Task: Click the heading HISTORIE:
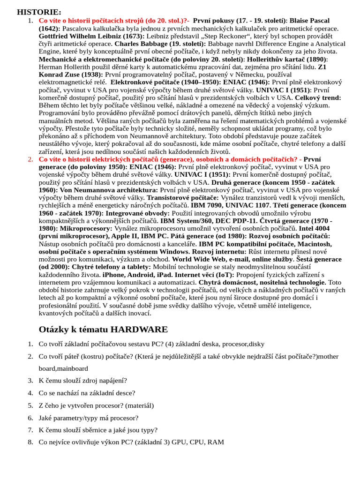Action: click(x=39, y=12)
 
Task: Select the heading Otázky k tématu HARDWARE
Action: click(x=103, y=329)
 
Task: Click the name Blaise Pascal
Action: click(x=309, y=21)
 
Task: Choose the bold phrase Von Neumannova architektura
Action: click(x=108, y=190)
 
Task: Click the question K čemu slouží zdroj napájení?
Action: click(x=82, y=381)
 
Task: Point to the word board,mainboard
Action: click(x=63, y=368)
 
